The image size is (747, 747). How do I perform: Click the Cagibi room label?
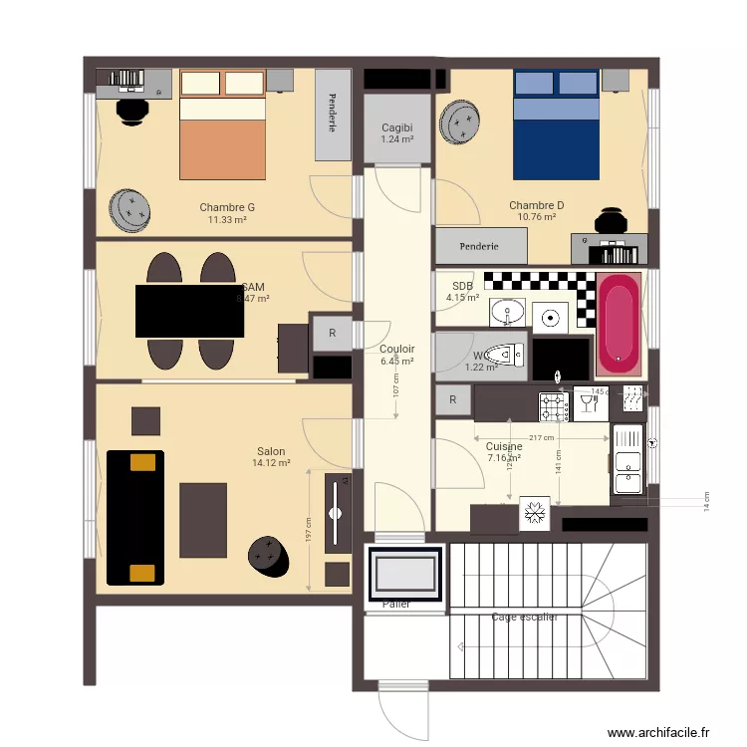point(396,127)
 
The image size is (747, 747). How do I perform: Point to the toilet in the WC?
point(509,354)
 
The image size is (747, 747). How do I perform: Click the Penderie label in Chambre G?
point(332,115)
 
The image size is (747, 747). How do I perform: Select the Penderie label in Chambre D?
point(480,246)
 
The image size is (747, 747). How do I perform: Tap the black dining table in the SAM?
point(189,311)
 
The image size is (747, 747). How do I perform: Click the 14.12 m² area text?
point(271,463)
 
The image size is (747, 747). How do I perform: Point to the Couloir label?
point(396,349)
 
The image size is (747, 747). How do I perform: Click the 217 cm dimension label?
point(542,438)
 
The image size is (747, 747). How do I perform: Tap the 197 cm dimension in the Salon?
point(309,530)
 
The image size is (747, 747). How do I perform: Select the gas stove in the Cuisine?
point(553,406)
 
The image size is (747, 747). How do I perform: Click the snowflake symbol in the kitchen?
point(534,514)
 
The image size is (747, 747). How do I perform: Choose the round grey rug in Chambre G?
point(130,210)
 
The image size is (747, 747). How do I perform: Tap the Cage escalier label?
point(524,618)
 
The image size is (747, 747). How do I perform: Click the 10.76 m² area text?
point(536,217)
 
